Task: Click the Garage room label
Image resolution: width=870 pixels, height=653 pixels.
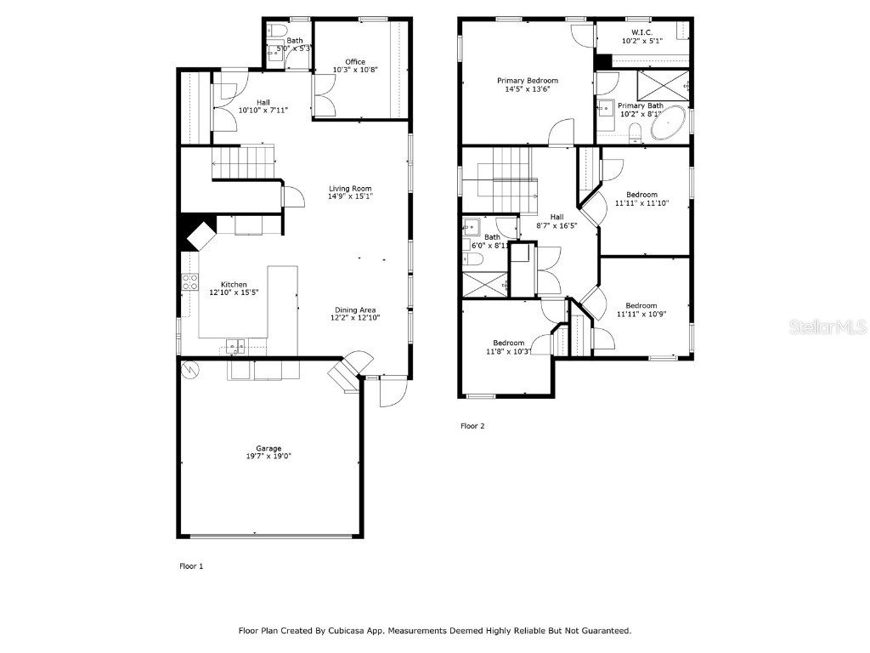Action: (x=269, y=448)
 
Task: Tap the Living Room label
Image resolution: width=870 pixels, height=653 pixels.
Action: (x=350, y=189)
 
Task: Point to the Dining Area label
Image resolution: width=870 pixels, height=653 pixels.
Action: (x=355, y=309)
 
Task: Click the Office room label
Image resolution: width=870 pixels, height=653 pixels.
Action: (x=355, y=62)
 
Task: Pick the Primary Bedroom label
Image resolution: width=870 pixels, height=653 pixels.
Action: (x=528, y=81)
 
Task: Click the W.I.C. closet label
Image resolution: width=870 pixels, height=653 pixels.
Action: (x=641, y=31)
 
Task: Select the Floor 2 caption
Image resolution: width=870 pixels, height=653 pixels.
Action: (x=472, y=426)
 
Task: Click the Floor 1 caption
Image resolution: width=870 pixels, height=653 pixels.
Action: (x=191, y=565)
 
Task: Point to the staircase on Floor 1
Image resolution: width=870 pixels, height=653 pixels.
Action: (x=244, y=162)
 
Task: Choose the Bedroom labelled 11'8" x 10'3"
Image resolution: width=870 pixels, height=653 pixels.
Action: (x=508, y=343)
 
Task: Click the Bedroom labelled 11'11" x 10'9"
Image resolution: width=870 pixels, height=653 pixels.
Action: (x=641, y=306)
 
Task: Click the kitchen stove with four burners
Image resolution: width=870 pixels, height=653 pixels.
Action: (x=189, y=282)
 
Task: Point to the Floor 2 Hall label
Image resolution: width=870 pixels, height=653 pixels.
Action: (x=556, y=217)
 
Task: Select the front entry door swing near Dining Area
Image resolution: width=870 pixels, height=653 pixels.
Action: (x=393, y=391)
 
